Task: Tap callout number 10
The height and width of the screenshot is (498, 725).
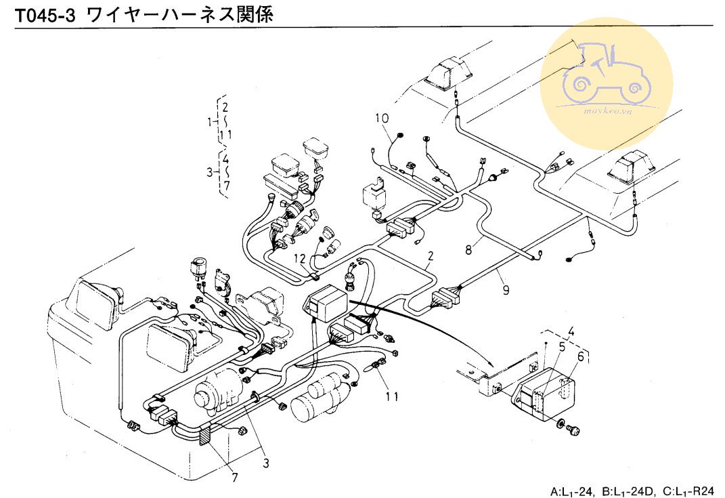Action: point(382,118)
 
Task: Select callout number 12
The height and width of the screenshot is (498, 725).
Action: point(300,258)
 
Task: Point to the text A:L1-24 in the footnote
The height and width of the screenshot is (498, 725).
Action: point(572,491)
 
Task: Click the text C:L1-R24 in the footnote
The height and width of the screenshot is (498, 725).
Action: point(690,491)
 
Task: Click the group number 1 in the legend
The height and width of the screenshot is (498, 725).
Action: point(210,121)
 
